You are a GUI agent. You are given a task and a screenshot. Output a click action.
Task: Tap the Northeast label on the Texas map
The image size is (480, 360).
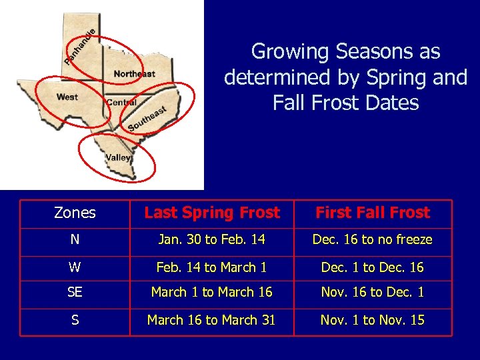click(x=134, y=74)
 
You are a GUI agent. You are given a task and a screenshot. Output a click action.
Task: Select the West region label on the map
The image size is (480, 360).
click(x=67, y=97)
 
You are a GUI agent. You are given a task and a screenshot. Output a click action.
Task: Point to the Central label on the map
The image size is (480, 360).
click(x=121, y=103)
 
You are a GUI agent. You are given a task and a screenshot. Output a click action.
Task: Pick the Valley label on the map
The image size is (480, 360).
click(x=119, y=158)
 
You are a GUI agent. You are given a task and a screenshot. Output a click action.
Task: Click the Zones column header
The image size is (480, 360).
click(x=75, y=213)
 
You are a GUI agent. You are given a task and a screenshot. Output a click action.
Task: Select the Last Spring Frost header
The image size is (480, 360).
click(x=212, y=213)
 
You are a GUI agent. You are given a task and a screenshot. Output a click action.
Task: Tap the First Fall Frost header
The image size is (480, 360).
click(x=373, y=213)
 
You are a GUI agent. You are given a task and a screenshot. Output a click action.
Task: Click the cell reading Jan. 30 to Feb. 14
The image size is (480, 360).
click(x=212, y=239)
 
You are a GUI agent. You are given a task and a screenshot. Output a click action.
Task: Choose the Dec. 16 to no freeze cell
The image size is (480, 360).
click(x=373, y=239)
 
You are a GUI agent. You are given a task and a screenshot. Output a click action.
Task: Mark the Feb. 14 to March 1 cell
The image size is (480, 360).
click(x=212, y=267)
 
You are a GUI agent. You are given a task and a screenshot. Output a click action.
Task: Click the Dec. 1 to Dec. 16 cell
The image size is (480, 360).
click(x=373, y=267)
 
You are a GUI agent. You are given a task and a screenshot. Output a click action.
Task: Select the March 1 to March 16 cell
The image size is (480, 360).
click(x=212, y=292)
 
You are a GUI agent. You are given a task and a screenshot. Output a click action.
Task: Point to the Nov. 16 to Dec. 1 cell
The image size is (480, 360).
click(x=373, y=292)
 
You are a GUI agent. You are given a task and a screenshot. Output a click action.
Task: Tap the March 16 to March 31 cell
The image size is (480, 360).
click(x=212, y=320)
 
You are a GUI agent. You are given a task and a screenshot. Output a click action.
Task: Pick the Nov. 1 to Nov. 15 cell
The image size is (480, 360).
click(x=373, y=320)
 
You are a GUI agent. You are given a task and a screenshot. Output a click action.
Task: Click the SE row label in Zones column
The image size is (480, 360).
click(x=75, y=292)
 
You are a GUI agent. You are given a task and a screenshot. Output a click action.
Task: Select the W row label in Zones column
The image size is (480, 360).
click(x=75, y=267)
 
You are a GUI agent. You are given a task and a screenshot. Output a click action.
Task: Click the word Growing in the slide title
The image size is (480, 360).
click(x=291, y=51)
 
